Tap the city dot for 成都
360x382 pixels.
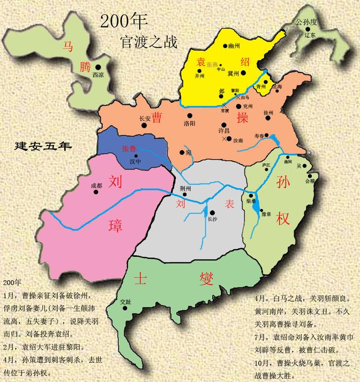pyautogui.click(x=96, y=192)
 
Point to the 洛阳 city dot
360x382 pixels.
pyautogui.click(x=190, y=115)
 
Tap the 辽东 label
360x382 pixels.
pyautogui.click(x=310, y=36)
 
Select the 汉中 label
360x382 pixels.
pyautogui.click(x=136, y=162)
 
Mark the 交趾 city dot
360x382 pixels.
pyautogui.click(x=126, y=308)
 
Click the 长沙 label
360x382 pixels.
pyautogui.click(x=213, y=219)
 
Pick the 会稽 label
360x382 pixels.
pyautogui.click(x=310, y=181)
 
